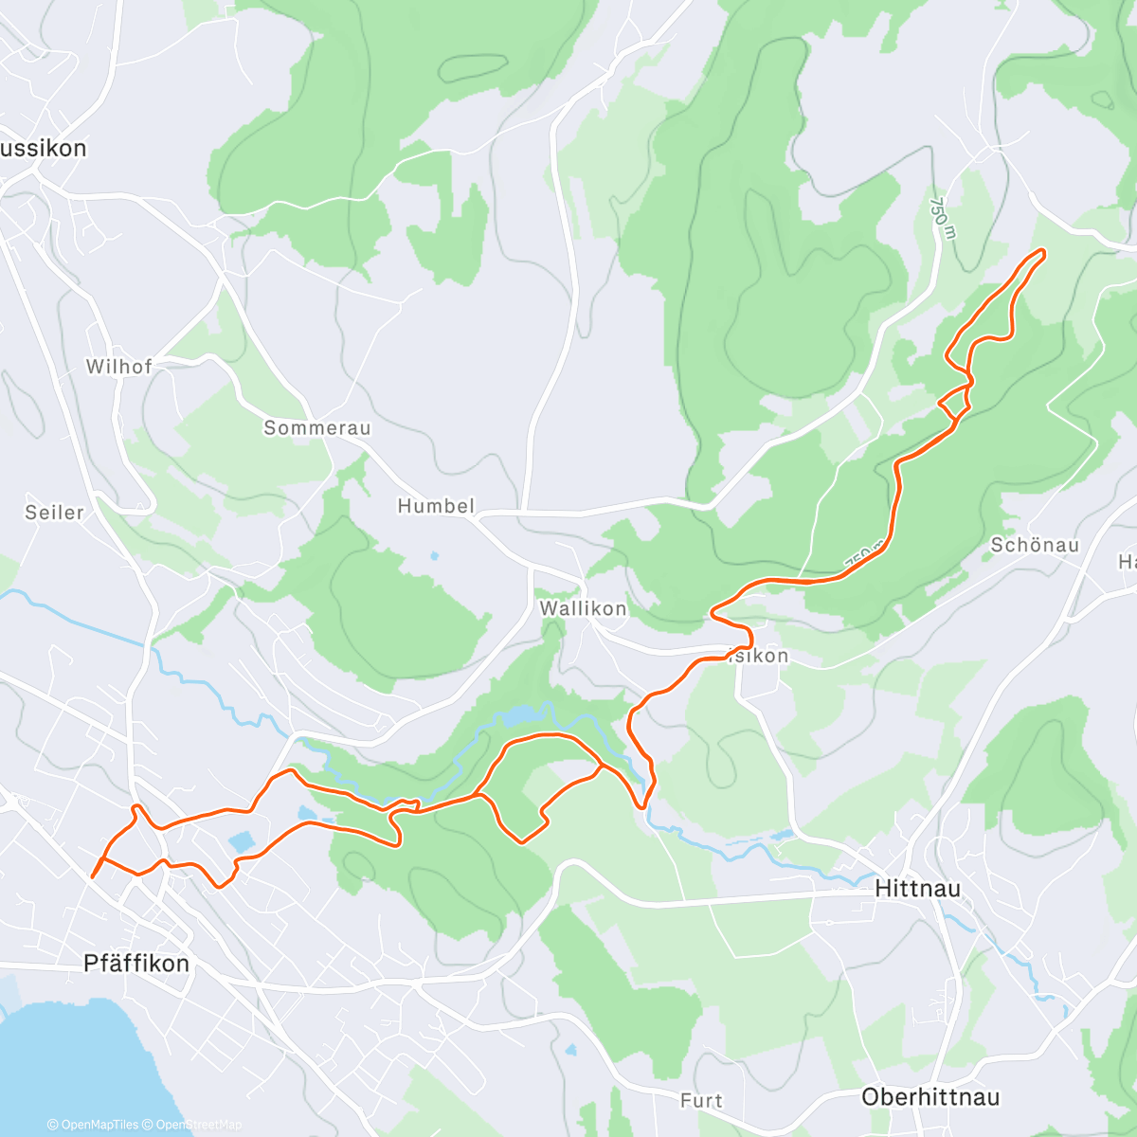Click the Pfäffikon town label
(136, 964)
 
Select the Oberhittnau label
(930, 1097)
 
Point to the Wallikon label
(583, 609)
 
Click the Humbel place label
(436, 506)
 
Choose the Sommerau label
(316, 428)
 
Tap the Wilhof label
(118, 367)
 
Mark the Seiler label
(54, 513)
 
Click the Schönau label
(1035, 545)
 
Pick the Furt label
(701, 1100)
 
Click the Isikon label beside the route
(760, 656)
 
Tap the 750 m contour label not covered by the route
(941, 218)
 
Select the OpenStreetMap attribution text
(198, 1125)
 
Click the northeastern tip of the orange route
(1042, 251)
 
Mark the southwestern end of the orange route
(92, 877)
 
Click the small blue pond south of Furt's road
(570, 1051)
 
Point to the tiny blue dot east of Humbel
(434, 556)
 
